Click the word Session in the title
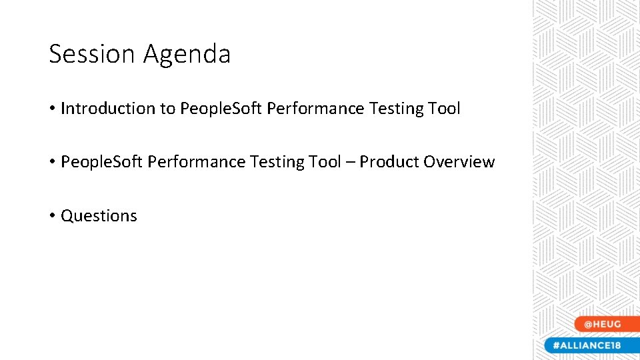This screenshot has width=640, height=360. (x=91, y=54)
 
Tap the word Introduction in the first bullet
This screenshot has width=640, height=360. (x=108, y=109)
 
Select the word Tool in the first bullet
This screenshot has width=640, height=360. (x=443, y=109)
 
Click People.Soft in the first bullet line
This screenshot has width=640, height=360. (x=221, y=109)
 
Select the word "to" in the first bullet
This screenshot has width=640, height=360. (x=167, y=109)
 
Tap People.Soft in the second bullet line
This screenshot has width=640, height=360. (x=101, y=162)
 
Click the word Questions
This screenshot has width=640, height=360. (x=99, y=216)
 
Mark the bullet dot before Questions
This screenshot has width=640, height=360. (x=52, y=216)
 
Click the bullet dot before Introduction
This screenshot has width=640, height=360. (x=52, y=109)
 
